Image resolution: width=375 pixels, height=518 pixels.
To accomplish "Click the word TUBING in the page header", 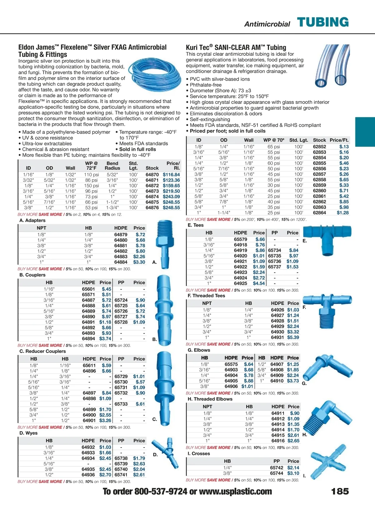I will pos(323,23).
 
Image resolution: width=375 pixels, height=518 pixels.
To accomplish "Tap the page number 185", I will pos(340,491).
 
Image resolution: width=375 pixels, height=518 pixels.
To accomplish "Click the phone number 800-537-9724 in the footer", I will pos(161,491).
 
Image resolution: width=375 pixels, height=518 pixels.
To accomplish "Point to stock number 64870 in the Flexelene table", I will pos(152,175).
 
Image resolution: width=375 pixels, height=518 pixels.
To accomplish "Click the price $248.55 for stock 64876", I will pos(171,208).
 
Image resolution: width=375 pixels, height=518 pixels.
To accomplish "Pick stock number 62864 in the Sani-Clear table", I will pos(319,213).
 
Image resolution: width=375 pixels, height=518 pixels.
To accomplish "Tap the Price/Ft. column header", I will pos(339,140).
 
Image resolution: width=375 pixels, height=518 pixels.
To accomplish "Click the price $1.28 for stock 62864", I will pos(342,213).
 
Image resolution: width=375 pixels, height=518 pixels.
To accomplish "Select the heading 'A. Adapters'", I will pos(32,220).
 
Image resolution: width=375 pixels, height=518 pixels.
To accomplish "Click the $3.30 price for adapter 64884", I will pos(139,262).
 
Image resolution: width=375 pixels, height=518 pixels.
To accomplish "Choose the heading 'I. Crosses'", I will pos(199,454).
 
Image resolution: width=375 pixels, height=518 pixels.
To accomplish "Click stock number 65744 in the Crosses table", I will pos(277,473).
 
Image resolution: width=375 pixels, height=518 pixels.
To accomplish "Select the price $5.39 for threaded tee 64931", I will pos(293,337).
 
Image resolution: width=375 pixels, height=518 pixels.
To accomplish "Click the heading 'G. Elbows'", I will pos(199,350).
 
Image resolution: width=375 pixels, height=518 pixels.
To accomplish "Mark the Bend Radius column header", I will pos(112,166).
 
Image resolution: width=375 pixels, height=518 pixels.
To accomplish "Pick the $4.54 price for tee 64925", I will pos(259,284).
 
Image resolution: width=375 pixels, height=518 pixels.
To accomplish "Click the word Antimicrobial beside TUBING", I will pos(267,24).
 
